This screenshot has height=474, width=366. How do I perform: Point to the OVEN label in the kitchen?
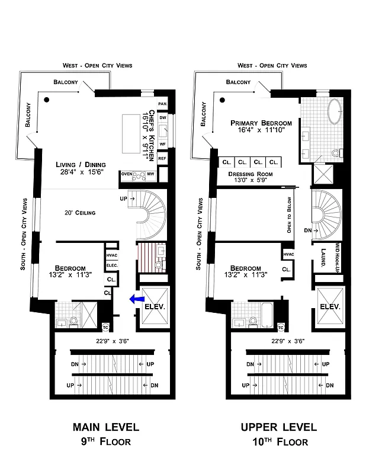(126, 174)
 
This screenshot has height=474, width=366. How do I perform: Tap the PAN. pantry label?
(163, 104)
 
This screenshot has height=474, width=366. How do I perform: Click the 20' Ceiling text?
(80, 213)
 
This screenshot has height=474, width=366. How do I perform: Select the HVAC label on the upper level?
(288, 254)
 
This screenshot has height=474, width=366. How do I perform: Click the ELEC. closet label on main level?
(111, 266)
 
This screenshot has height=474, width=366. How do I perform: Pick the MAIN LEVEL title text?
(106, 427)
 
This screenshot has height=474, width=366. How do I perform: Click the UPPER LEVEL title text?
(279, 427)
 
